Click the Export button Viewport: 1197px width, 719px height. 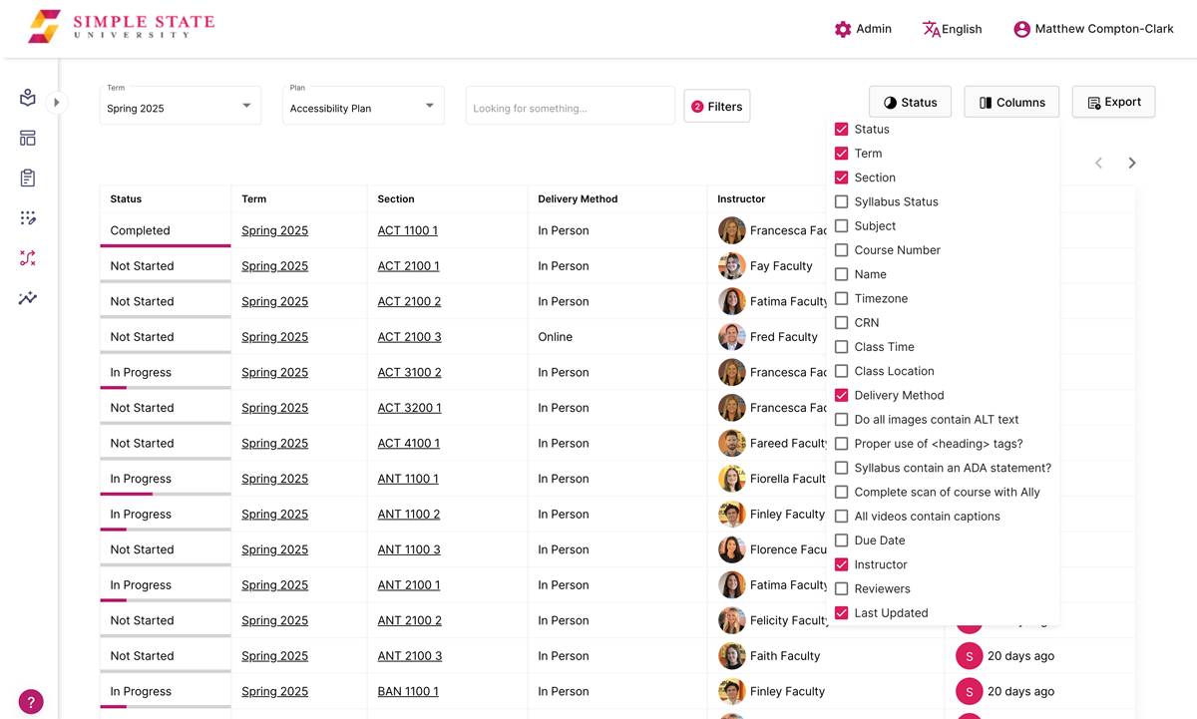[1113, 102]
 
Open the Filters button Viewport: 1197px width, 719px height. [716, 107]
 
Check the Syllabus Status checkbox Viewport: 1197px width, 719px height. [842, 201]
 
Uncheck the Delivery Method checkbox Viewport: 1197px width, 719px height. [842, 395]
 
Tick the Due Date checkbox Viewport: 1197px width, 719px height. [842, 540]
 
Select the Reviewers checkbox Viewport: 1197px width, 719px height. [842, 588]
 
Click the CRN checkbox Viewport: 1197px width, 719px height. [842, 323]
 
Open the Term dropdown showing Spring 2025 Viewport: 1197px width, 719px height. [180, 106]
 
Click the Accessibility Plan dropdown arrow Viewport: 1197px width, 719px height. [430, 106]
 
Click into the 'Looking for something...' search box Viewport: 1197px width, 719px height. [570, 107]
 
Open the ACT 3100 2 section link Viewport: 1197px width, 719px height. [409, 372]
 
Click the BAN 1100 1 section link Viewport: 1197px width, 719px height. [408, 691]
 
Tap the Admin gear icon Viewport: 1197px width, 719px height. [843, 29]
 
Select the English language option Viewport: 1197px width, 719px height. [953, 29]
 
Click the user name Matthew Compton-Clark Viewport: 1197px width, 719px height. [1103, 29]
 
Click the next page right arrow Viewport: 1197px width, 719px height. [1132, 163]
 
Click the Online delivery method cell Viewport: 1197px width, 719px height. [555, 337]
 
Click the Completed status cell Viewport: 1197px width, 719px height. [141, 230]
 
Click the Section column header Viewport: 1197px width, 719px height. [396, 199]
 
